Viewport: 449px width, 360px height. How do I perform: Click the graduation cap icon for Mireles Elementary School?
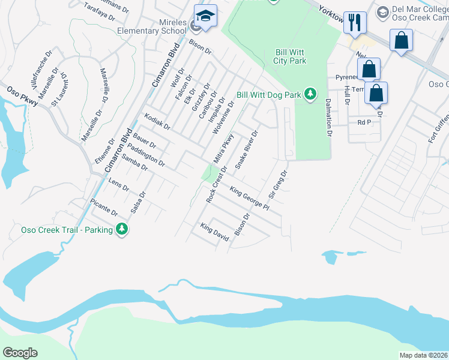[x=205, y=18]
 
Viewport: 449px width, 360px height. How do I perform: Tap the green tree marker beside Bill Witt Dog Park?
[x=310, y=94]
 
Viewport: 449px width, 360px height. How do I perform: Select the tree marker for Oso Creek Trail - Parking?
[x=122, y=230]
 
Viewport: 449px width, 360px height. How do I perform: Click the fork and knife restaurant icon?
[x=355, y=23]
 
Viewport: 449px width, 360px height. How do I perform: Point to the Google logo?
[x=20, y=353]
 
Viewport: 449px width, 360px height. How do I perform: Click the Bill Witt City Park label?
[x=291, y=56]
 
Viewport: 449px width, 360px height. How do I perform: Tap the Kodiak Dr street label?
[x=158, y=122]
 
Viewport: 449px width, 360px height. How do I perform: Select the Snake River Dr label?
[x=247, y=149]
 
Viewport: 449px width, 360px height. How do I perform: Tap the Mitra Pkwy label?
[x=223, y=148]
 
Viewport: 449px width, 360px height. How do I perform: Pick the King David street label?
[x=215, y=232]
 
